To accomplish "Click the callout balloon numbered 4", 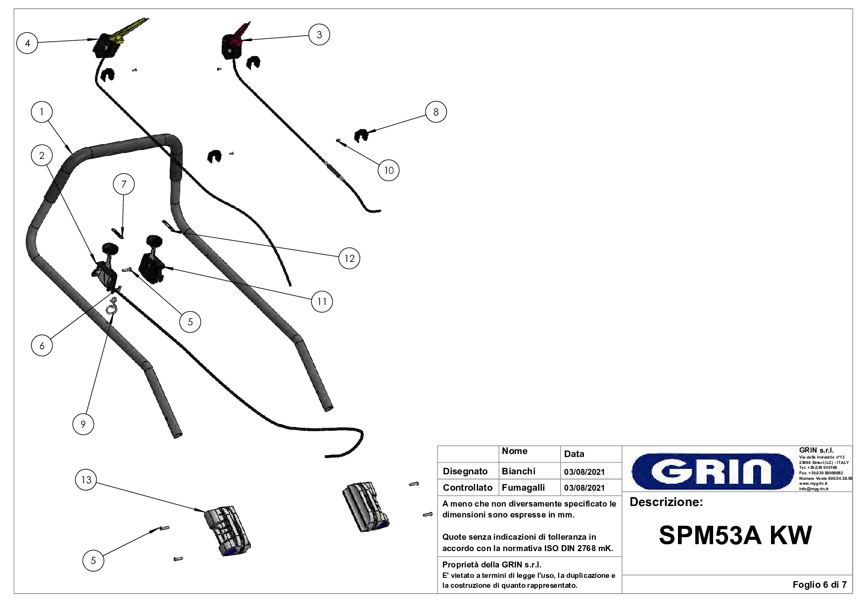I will coord(27,43).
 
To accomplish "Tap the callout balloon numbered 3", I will coord(319,35).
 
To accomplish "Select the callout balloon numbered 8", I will coord(436,112).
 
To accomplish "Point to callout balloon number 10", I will coord(389,170).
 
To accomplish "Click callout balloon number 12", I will coord(350,258).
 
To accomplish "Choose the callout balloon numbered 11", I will coord(322,302).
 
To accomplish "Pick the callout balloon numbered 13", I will coord(86,480).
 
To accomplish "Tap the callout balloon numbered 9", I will coord(83,424).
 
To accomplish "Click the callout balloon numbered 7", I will coord(124,185).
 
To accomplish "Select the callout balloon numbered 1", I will coord(42,112).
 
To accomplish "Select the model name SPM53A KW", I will coord(735,535).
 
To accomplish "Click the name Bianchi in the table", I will coord(518,471).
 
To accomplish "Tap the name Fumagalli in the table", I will coord(523,488).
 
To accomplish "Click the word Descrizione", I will coord(666,503).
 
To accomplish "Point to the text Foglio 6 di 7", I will coord(820,585).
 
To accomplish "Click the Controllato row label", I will coord(467,488).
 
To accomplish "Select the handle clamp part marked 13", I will coord(228,531).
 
